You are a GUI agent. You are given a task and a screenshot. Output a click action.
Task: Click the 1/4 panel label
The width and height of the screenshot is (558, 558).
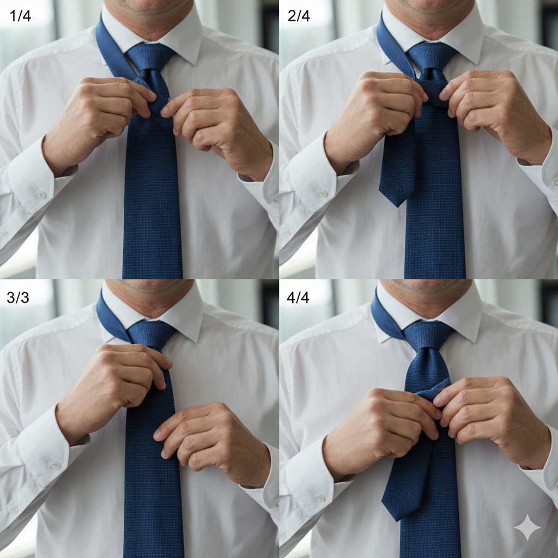[20, 16]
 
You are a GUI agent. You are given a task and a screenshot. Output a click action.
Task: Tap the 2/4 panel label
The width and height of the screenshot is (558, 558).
[299, 16]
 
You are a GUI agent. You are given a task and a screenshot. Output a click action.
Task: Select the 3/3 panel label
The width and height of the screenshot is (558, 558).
[18, 297]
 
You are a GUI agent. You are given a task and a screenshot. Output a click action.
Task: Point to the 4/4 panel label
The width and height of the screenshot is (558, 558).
[298, 297]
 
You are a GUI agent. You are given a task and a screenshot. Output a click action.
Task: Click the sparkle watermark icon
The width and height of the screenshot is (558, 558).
[527, 527]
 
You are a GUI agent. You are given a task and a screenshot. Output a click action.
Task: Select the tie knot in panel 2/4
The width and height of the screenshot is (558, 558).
[432, 57]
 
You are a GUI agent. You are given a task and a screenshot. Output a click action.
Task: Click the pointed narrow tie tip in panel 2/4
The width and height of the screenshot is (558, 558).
[396, 205]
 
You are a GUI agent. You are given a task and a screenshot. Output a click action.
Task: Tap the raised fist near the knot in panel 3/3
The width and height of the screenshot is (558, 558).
[118, 381]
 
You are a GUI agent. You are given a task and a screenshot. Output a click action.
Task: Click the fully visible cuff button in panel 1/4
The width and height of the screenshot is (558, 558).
[40, 195]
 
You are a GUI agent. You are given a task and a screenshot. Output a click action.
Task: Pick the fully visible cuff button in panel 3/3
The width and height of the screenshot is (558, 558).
[54, 464]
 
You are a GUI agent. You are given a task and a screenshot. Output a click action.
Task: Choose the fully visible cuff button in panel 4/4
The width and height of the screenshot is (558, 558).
[319, 497]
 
